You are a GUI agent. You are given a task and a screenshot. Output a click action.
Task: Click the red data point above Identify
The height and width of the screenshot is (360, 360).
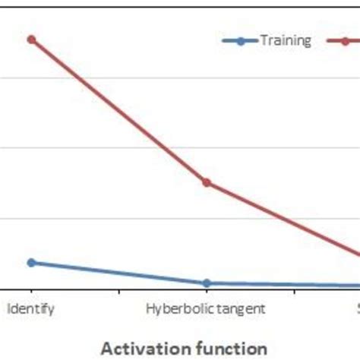(31, 39)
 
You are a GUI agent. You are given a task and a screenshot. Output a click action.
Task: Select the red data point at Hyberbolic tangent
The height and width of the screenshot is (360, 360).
(206, 182)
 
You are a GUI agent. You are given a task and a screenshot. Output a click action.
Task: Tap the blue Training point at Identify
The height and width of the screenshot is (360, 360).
(31, 263)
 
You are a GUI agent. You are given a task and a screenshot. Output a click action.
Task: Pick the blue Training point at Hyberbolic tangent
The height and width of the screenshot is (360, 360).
(206, 283)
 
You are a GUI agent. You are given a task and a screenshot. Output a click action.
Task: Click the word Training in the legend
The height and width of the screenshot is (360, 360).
(285, 41)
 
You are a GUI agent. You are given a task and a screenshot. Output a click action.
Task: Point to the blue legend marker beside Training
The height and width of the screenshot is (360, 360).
(240, 41)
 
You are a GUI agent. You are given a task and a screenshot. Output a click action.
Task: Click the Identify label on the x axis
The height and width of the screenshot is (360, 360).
(31, 309)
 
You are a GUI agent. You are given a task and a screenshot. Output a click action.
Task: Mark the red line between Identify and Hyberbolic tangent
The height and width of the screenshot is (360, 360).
(118, 110)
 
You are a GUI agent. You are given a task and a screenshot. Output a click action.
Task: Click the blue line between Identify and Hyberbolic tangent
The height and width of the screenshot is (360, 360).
(118, 273)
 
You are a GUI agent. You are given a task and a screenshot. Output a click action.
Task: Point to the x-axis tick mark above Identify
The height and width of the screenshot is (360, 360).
(31, 291)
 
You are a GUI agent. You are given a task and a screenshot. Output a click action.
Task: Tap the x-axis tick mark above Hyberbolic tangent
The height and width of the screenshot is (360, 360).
(206, 291)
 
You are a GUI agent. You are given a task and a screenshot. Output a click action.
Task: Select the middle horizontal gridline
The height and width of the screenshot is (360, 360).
(114, 147)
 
